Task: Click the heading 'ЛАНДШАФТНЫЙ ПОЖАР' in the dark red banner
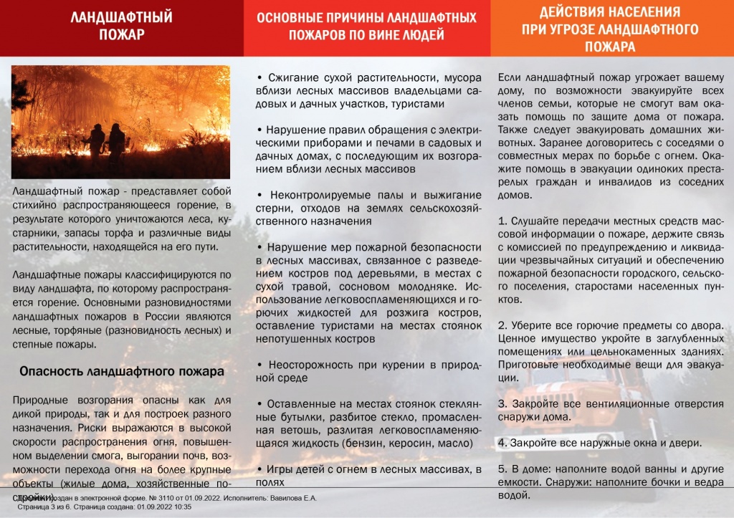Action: [x=121, y=27]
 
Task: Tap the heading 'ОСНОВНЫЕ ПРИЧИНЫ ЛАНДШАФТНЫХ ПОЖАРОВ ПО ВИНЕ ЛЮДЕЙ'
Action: [x=366, y=27]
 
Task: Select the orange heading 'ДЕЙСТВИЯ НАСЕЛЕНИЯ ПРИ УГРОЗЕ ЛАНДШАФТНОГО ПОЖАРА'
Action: [x=609, y=29]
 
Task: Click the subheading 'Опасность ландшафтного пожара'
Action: [x=122, y=372]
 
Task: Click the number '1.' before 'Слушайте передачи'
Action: [x=502, y=221]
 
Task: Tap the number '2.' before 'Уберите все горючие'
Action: [x=502, y=325]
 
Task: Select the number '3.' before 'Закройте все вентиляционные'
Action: [x=502, y=403]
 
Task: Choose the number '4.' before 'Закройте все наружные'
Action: [x=502, y=443]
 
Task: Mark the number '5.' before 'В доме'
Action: [x=502, y=469]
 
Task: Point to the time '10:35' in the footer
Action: [x=182, y=507]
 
